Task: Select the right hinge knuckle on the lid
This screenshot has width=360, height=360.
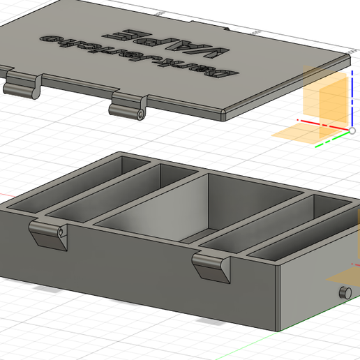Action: click(x=127, y=110)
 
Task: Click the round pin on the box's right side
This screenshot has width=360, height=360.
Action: click(x=343, y=292)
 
